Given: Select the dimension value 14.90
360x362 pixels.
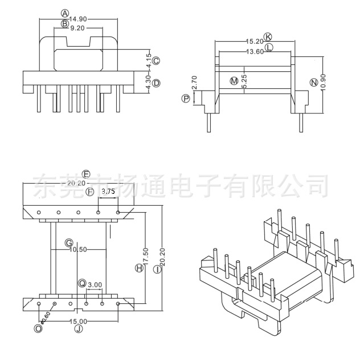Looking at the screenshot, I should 78,19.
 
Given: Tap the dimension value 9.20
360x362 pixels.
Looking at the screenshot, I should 78,27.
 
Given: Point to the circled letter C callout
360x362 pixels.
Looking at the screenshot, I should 156,61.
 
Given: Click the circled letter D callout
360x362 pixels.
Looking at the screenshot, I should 156,83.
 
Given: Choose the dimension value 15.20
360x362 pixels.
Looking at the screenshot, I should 254,42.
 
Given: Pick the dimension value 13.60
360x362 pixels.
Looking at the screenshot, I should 254,52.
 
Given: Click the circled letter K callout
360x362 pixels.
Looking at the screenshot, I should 268,36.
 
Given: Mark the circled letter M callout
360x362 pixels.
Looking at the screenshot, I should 234,81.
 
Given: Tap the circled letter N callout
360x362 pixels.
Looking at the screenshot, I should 313,83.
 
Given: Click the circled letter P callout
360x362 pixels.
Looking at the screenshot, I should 185,99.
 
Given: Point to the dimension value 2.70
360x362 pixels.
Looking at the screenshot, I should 194,83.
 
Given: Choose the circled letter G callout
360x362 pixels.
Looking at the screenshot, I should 68,242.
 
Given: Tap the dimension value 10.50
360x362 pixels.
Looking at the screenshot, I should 78,249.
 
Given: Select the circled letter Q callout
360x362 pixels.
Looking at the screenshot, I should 82,283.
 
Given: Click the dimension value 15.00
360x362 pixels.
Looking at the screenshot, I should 78,322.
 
